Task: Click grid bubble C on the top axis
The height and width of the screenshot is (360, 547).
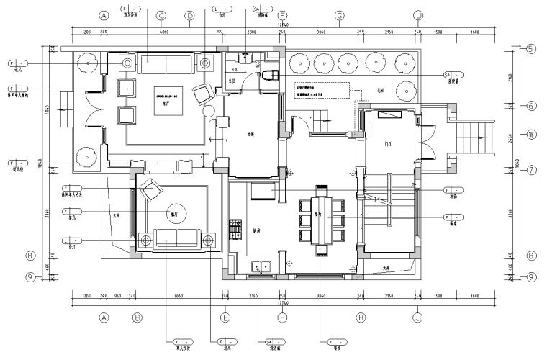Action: pyautogui.click(x=161, y=15)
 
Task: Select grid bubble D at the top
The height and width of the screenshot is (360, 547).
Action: pyautogui.click(x=190, y=15)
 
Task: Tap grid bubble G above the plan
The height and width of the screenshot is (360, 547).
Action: pyautogui.click(x=339, y=15)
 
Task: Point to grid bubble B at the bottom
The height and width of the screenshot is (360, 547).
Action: pyautogui.click(x=137, y=317)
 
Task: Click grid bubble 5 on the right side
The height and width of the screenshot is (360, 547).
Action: pyautogui.click(x=530, y=50)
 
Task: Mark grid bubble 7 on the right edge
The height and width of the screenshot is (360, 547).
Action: pyautogui.click(x=530, y=171)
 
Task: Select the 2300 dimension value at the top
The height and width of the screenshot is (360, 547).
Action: pyautogui.click(x=252, y=32)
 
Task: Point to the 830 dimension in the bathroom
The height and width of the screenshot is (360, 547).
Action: pyautogui.click(x=235, y=69)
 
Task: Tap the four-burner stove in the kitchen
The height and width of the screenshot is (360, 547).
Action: pyautogui.click(x=234, y=230)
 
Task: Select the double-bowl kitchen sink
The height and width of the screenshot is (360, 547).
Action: pyautogui.click(x=261, y=268)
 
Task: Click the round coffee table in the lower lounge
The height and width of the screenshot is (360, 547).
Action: pyautogui.click(x=173, y=212)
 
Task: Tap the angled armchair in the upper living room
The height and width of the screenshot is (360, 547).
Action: pyautogui.click(x=202, y=93)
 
